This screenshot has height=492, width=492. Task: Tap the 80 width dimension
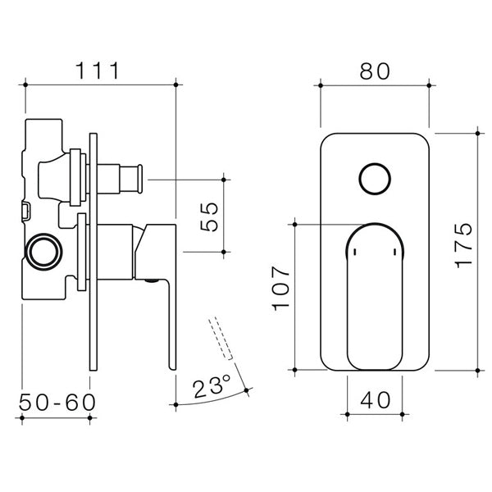(374, 69)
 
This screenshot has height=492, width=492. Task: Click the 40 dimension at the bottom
(374, 402)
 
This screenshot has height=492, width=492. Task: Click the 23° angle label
(212, 385)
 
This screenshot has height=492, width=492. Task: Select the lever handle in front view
(374, 295)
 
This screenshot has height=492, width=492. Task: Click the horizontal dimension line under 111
(100, 84)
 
